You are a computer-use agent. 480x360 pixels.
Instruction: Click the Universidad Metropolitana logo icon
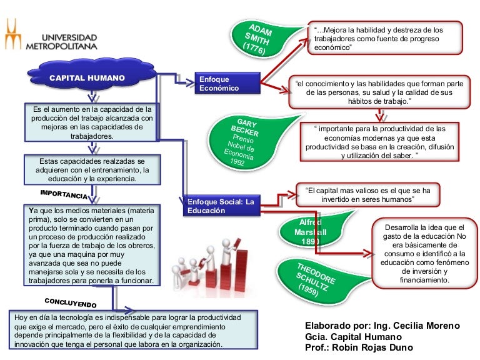[x=12, y=34]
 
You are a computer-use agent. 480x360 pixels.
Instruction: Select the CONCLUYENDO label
[x=71, y=302]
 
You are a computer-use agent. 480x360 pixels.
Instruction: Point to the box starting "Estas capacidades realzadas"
[x=92, y=169]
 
